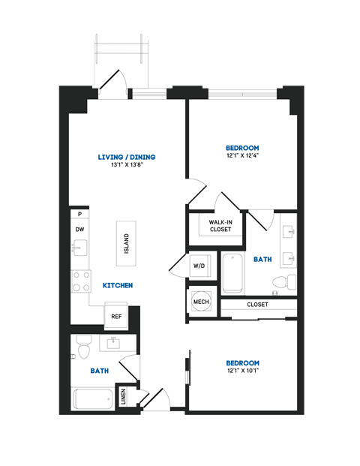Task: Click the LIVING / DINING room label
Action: (x=127, y=157)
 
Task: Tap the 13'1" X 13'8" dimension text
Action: (x=127, y=165)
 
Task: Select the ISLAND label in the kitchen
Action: (x=127, y=242)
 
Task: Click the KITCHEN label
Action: (x=118, y=286)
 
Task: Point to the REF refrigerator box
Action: (x=116, y=316)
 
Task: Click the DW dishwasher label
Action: (x=79, y=230)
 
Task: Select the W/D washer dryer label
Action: (x=199, y=266)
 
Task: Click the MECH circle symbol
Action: (x=201, y=301)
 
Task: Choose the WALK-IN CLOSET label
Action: (x=220, y=226)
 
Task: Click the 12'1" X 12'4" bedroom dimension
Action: (x=242, y=156)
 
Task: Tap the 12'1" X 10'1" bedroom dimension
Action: (x=242, y=370)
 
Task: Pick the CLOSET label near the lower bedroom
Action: (x=257, y=305)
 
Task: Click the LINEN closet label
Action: (x=124, y=396)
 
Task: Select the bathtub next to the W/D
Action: (x=232, y=274)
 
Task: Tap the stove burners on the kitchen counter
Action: (x=79, y=281)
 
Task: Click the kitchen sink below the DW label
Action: (x=79, y=248)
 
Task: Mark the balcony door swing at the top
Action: (x=114, y=83)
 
